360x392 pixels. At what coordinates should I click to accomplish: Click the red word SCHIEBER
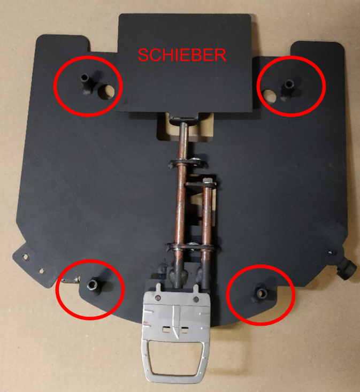pos(182,55)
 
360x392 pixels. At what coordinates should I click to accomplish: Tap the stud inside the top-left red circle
pos(85,83)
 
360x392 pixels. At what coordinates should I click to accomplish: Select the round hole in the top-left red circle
pos(106,91)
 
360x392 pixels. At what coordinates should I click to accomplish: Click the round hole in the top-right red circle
pos(270,96)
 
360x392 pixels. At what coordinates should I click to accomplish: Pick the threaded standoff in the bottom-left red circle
pos(93,287)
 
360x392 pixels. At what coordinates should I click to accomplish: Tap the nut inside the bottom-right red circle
pos(262,294)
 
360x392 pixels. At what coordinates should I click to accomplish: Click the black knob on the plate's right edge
pos(347,270)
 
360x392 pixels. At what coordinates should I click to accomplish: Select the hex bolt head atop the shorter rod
pos(207,180)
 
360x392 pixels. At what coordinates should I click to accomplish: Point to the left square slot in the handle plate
pos(166,330)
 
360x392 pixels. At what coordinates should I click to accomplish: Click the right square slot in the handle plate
pos(185,330)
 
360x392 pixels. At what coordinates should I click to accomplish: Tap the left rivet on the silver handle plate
pos(158,298)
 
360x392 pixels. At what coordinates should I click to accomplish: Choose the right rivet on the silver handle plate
pos(196,299)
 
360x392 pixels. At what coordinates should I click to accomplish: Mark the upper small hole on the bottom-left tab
pos(25,257)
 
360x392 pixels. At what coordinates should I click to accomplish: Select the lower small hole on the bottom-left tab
pos(42,271)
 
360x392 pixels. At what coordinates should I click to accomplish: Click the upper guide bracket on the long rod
pos(187,163)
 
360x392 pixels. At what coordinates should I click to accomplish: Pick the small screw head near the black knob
pos(332,252)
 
